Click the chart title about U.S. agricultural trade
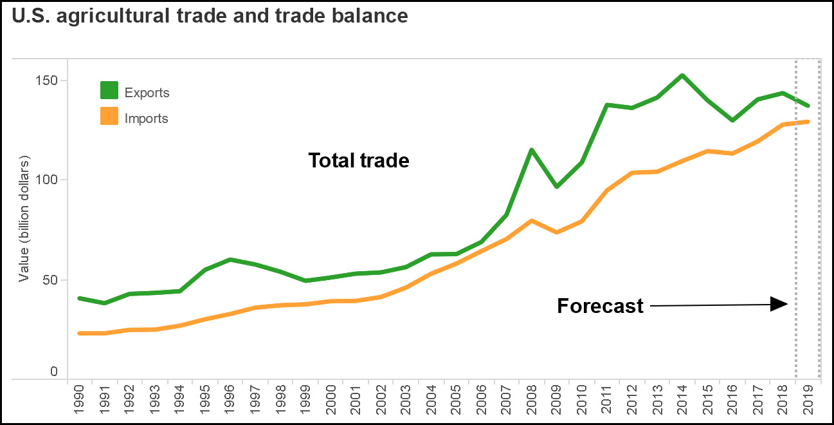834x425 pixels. (210, 16)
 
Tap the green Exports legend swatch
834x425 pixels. (109, 91)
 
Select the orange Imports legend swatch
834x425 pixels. (109, 117)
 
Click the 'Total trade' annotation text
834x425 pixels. (358, 160)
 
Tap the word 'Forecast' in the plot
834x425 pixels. (600, 306)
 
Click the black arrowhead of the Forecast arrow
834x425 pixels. (780, 305)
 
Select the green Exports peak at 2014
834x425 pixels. (682, 75)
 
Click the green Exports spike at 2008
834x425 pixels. (532, 150)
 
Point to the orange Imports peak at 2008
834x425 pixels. (532, 221)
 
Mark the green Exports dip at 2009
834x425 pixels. (557, 187)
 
